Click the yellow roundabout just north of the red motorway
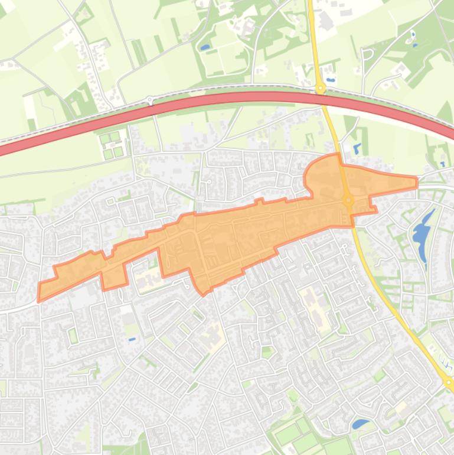pos(321,89)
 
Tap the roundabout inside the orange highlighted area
pos(348,201)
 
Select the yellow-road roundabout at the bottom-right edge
pos(449,383)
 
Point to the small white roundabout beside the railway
pos(150,100)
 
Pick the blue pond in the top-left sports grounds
pos(205,47)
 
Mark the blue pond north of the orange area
pos(356,148)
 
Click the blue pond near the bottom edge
pos(359,424)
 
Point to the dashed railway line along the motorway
pos(236,89)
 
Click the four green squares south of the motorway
pos(112,145)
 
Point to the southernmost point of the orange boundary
pos(203,294)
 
